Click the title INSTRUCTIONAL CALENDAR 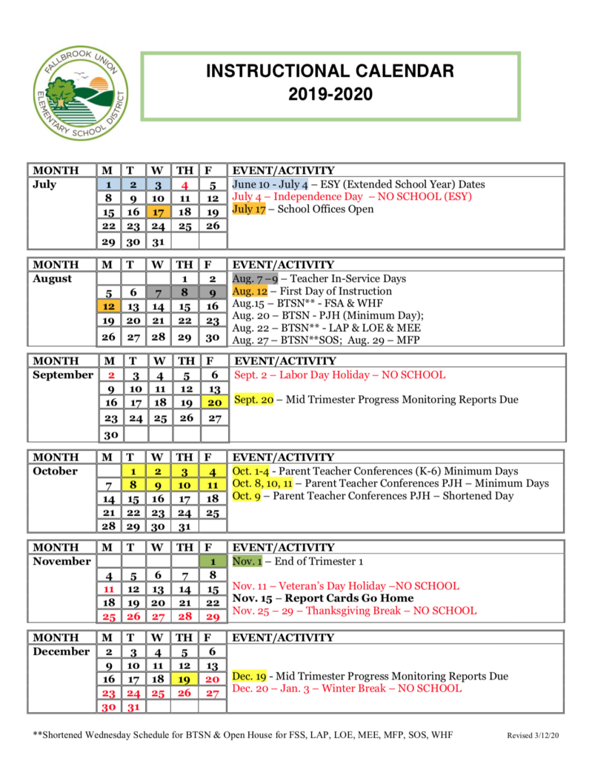[330, 72]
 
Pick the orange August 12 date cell [108, 306]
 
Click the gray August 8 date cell [185, 293]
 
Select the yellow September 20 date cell [214, 403]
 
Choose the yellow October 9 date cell [158, 486]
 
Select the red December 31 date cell [133, 707]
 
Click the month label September [63, 375]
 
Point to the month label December [62, 652]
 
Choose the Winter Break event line [347, 688]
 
